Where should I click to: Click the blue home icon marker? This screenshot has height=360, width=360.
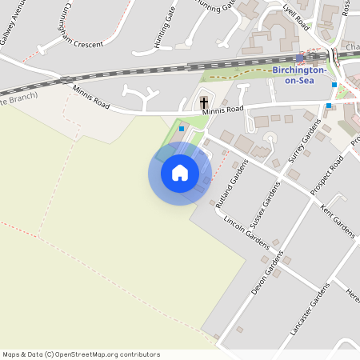(180, 173)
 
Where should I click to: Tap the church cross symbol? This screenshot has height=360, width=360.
(204, 102)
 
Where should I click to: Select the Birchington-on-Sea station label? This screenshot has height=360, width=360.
(299, 75)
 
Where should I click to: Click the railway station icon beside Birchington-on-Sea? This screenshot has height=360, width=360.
(300, 58)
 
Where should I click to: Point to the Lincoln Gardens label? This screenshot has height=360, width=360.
(246, 231)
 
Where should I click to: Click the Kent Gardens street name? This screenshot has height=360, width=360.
(337, 220)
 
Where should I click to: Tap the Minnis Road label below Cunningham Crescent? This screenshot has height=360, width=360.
(90, 97)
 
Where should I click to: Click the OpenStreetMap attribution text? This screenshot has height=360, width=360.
(81, 354)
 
